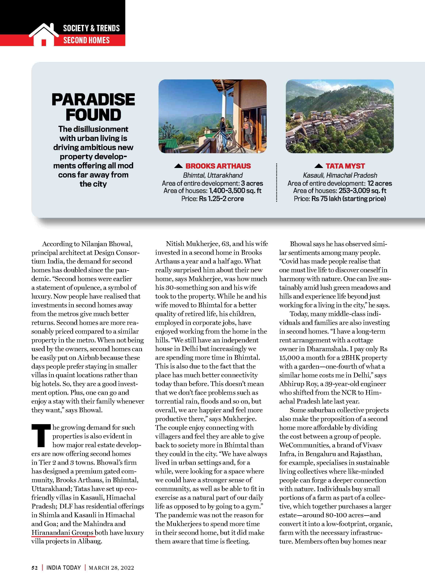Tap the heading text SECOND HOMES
tap(86, 40)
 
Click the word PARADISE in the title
tap(93, 100)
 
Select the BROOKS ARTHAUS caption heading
tap(218, 166)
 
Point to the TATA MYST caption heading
tap(345, 166)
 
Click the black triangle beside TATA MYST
tap(319, 166)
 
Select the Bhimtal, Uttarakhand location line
tap(213, 175)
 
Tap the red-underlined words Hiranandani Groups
tap(62, 532)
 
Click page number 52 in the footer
tap(35, 568)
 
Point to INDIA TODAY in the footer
tap(64, 568)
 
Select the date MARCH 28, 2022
tap(111, 568)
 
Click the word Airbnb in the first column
tap(84, 358)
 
